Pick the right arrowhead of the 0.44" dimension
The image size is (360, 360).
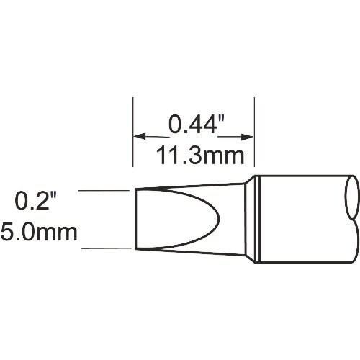click(251, 135)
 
